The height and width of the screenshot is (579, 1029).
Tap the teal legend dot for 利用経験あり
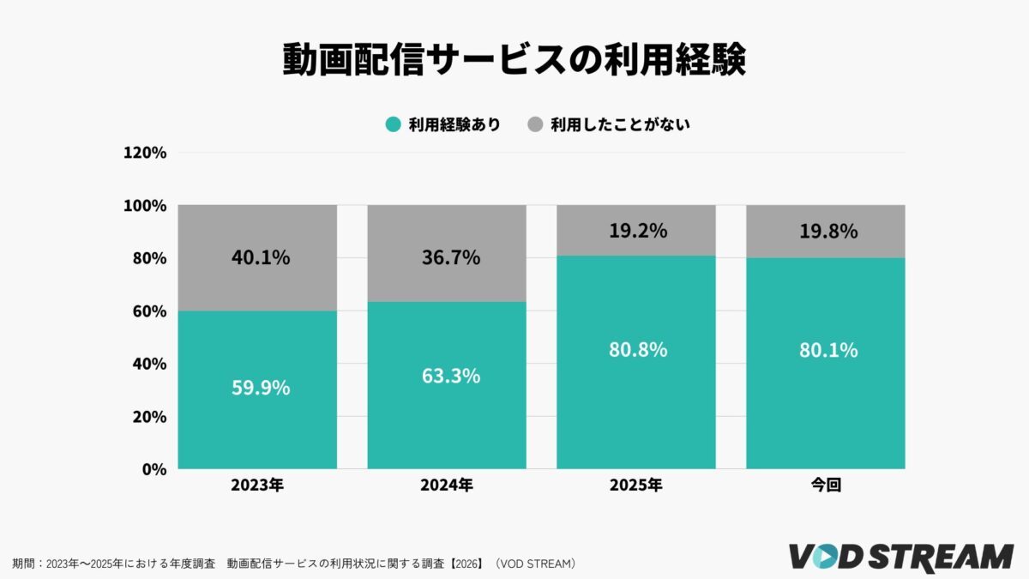click(393, 124)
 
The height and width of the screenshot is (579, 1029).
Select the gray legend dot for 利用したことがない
click(535, 124)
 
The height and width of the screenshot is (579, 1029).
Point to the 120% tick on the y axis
click(145, 153)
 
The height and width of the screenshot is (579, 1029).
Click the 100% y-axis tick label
click(145, 206)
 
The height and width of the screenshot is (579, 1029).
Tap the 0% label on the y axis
click(153, 469)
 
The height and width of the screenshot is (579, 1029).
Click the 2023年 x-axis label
click(257, 486)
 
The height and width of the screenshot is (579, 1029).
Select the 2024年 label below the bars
click(446, 486)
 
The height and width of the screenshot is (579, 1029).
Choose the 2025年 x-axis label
click(635, 486)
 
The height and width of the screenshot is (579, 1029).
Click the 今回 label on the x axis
click(825, 486)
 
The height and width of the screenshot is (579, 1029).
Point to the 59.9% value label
click(261, 388)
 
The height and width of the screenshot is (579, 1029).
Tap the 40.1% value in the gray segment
click(261, 256)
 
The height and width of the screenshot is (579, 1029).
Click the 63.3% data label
click(450, 376)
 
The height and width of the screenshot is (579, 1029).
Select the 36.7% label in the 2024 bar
click(450, 256)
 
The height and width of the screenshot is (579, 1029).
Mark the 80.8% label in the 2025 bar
click(638, 351)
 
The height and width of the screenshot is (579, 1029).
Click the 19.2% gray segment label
click(638, 231)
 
